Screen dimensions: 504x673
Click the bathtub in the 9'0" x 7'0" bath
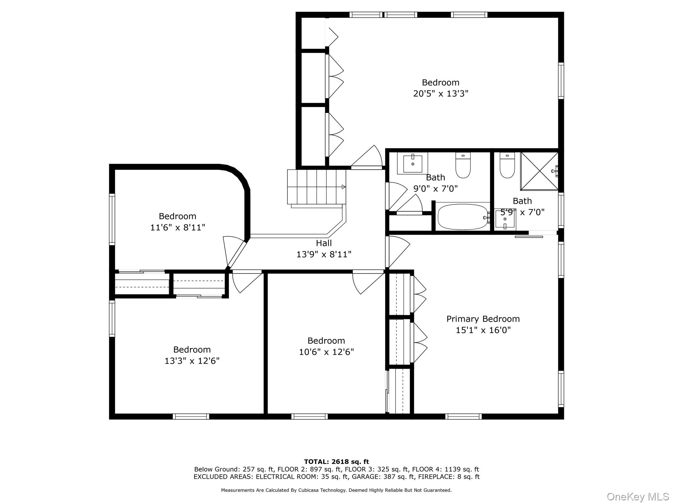[463, 217]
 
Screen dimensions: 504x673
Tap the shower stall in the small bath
[539, 171]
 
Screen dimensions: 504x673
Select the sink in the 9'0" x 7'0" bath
[412, 163]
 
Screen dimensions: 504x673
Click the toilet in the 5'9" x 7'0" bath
[507, 166]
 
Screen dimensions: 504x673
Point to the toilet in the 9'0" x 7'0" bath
[463, 165]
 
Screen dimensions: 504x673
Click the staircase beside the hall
[316, 187]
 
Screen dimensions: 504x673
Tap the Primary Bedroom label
[483, 319]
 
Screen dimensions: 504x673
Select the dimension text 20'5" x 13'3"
[440, 94]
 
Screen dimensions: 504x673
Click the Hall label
[324, 243]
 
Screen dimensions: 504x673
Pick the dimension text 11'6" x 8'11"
[177, 227]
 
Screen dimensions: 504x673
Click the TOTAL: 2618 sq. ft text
[336, 462]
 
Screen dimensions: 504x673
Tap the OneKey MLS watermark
[637, 496]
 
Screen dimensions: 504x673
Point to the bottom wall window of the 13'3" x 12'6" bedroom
[191, 416]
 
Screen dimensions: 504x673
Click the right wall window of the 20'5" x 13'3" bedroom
[561, 81]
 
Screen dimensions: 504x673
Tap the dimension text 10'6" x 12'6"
[326, 352]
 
